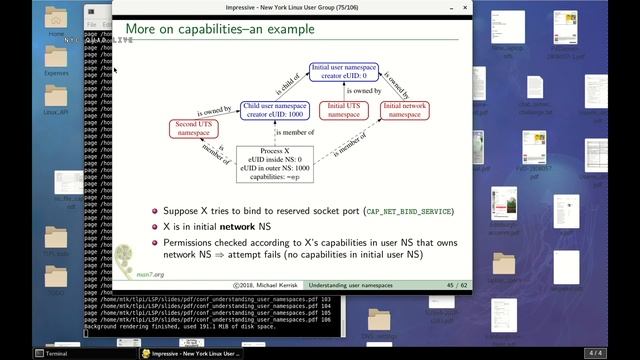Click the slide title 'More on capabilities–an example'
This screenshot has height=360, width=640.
click(219, 30)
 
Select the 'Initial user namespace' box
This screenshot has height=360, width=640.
click(344, 72)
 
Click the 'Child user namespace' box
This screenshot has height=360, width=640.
click(275, 109)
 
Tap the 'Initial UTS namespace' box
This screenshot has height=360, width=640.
click(344, 109)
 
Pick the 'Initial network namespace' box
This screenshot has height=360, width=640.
click(405, 109)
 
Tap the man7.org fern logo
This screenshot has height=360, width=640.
click(127, 259)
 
